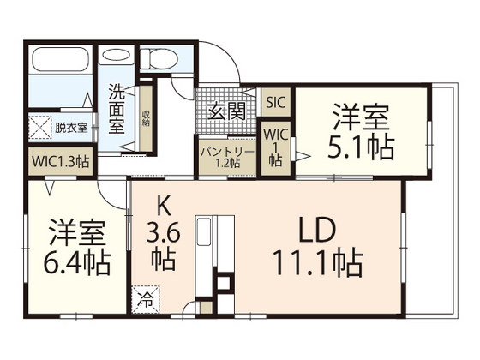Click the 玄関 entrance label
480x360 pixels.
pyautogui.click(x=226, y=111)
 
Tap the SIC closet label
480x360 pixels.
pyautogui.click(x=275, y=102)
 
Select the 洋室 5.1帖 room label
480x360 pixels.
pyautogui.click(x=360, y=133)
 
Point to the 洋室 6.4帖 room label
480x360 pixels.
pyautogui.click(x=77, y=246)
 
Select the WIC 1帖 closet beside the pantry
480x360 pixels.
pyautogui.click(x=275, y=147)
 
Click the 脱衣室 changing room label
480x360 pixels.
pyautogui.click(x=71, y=128)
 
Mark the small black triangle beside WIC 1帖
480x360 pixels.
pyautogui.click(x=301, y=154)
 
